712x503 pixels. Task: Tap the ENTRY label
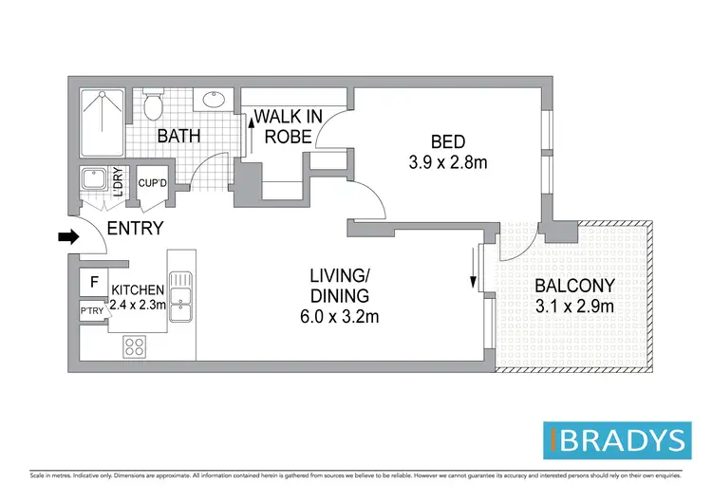[x=135, y=229]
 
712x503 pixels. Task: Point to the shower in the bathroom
[x=99, y=123]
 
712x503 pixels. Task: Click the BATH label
[x=178, y=137]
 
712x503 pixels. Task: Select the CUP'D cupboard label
[x=152, y=183]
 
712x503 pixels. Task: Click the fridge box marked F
[x=93, y=282]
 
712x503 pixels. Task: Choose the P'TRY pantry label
[x=92, y=310]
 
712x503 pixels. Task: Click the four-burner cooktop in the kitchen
[x=135, y=347]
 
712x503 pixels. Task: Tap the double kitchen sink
[x=180, y=300]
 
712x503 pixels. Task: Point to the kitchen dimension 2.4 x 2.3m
[x=139, y=306]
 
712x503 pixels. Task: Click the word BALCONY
[x=574, y=285]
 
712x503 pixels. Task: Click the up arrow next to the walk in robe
[x=253, y=121]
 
